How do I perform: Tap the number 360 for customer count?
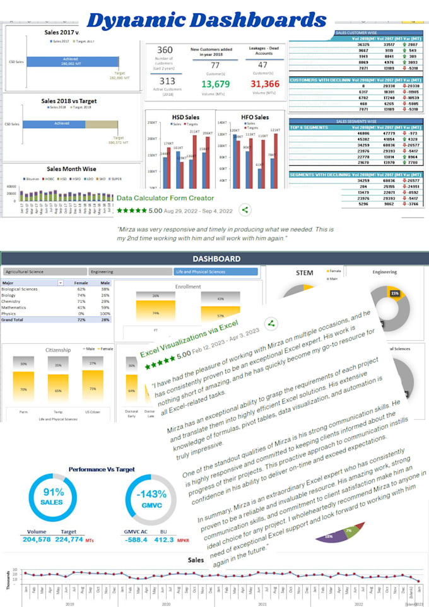tap(165, 50)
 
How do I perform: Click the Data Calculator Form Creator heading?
tap(165, 197)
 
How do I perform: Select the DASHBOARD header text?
tap(216, 259)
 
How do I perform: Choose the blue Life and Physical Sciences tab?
tap(216, 272)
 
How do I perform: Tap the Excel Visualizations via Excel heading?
tap(189, 335)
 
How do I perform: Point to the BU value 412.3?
tap(164, 539)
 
